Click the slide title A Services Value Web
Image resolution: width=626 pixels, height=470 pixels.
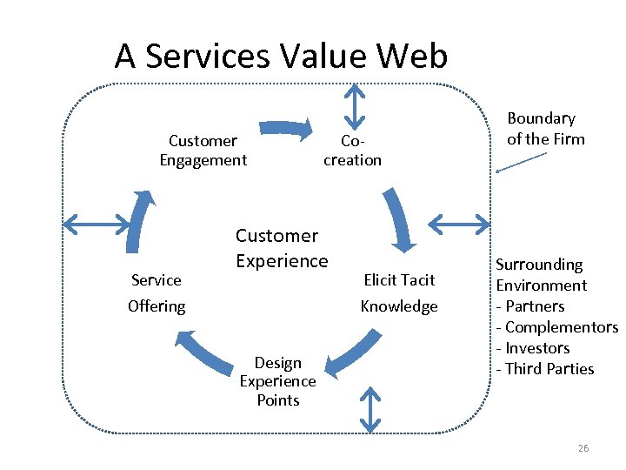pos(281,57)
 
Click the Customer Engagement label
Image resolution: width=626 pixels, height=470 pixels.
pos(203,151)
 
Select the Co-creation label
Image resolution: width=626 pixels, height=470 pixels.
pos(352,151)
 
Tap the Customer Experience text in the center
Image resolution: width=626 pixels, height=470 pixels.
pos(282,248)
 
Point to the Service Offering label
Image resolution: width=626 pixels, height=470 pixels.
pos(156,292)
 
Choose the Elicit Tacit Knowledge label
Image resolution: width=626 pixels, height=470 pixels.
pos(399,292)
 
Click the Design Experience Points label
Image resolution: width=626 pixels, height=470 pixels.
pos(278,381)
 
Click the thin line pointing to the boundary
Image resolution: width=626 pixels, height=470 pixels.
pos(521,163)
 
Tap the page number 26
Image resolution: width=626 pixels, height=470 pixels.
pos(583,448)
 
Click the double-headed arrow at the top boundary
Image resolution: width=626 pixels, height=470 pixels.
pos(354,104)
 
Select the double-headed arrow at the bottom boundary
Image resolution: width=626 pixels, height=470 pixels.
pos(370,410)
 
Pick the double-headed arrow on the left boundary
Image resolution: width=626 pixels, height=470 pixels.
pos(96,225)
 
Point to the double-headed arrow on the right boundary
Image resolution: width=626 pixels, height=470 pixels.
pos(460,225)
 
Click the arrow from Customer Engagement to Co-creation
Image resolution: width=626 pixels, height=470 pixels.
pos(287,128)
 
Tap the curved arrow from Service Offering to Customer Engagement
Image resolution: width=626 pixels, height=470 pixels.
pos(138,221)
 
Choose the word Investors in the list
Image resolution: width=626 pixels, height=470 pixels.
pos(537,348)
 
